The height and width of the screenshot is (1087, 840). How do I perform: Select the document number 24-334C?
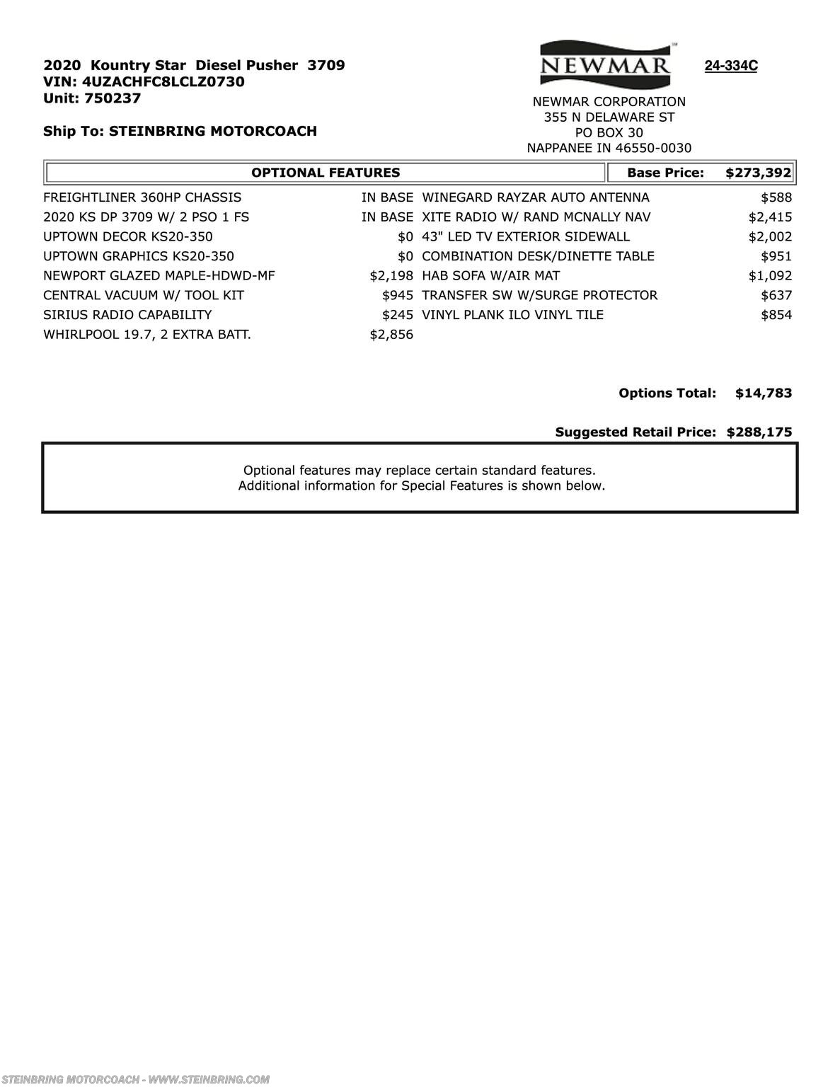pyautogui.click(x=730, y=67)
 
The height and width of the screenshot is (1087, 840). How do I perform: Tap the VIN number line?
pyautogui.click(x=144, y=82)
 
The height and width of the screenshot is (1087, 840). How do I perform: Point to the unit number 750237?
pyautogui.click(x=113, y=98)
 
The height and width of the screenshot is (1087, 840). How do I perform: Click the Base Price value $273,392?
pyautogui.click(x=758, y=173)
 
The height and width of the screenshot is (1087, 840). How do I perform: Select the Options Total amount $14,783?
pyautogui.click(x=764, y=393)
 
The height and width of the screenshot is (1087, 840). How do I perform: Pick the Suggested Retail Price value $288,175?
pyautogui.click(x=759, y=432)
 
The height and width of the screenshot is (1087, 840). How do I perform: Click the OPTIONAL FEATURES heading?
pyautogui.click(x=326, y=173)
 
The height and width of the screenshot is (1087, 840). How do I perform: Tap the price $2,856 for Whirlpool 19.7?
pyautogui.click(x=391, y=335)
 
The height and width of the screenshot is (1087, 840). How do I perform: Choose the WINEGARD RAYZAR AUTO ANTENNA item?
pyautogui.click(x=535, y=197)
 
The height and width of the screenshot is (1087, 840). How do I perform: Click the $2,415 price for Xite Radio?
pyautogui.click(x=770, y=217)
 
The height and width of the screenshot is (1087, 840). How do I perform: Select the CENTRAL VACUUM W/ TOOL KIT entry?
pyautogui.click(x=144, y=295)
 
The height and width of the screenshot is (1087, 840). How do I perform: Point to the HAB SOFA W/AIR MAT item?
pyautogui.click(x=490, y=276)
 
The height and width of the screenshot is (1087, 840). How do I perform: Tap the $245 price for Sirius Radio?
pyautogui.click(x=397, y=315)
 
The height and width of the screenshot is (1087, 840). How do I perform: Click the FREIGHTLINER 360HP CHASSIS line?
pyautogui.click(x=142, y=197)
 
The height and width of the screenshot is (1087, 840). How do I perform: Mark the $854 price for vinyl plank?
pyautogui.click(x=776, y=315)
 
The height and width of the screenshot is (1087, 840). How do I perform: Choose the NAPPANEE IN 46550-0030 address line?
pyautogui.click(x=609, y=148)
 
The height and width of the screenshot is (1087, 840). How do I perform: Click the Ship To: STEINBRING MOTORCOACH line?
pyautogui.click(x=180, y=131)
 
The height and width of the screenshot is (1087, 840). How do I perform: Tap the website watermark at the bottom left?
pyautogui.click(x=135, y=1080)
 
